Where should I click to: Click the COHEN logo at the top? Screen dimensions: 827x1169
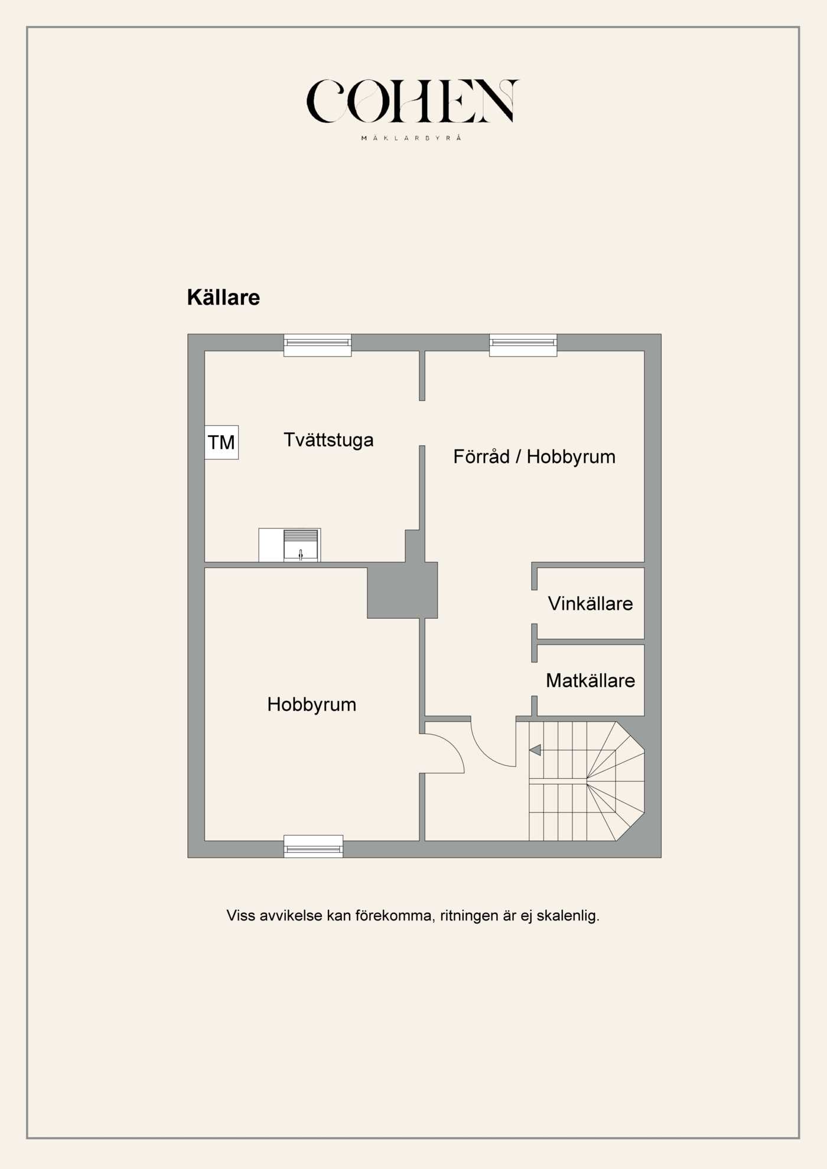(412, 101)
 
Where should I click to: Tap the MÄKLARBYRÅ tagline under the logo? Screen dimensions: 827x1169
(411, 138)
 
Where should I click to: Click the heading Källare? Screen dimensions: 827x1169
(223, 298)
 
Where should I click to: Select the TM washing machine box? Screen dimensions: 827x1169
(222, 442)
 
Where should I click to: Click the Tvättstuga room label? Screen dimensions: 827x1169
(328, 440)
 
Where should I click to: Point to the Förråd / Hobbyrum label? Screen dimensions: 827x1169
(534, 456)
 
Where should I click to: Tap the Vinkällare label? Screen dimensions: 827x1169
(590, 603)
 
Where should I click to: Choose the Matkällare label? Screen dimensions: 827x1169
(590, 680)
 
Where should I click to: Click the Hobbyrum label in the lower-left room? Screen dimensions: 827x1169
(311, 704)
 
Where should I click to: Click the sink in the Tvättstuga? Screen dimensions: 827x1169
(301, 545)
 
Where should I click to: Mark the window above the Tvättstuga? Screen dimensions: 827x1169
(317, 345)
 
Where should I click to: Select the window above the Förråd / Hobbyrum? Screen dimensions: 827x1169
(523, 345)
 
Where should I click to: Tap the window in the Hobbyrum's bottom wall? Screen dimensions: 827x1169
(313, 846)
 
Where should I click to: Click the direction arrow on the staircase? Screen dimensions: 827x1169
(535, 750)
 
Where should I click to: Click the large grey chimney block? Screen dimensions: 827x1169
(402, 590)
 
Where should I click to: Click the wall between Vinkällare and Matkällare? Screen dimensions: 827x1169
(590, 642)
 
